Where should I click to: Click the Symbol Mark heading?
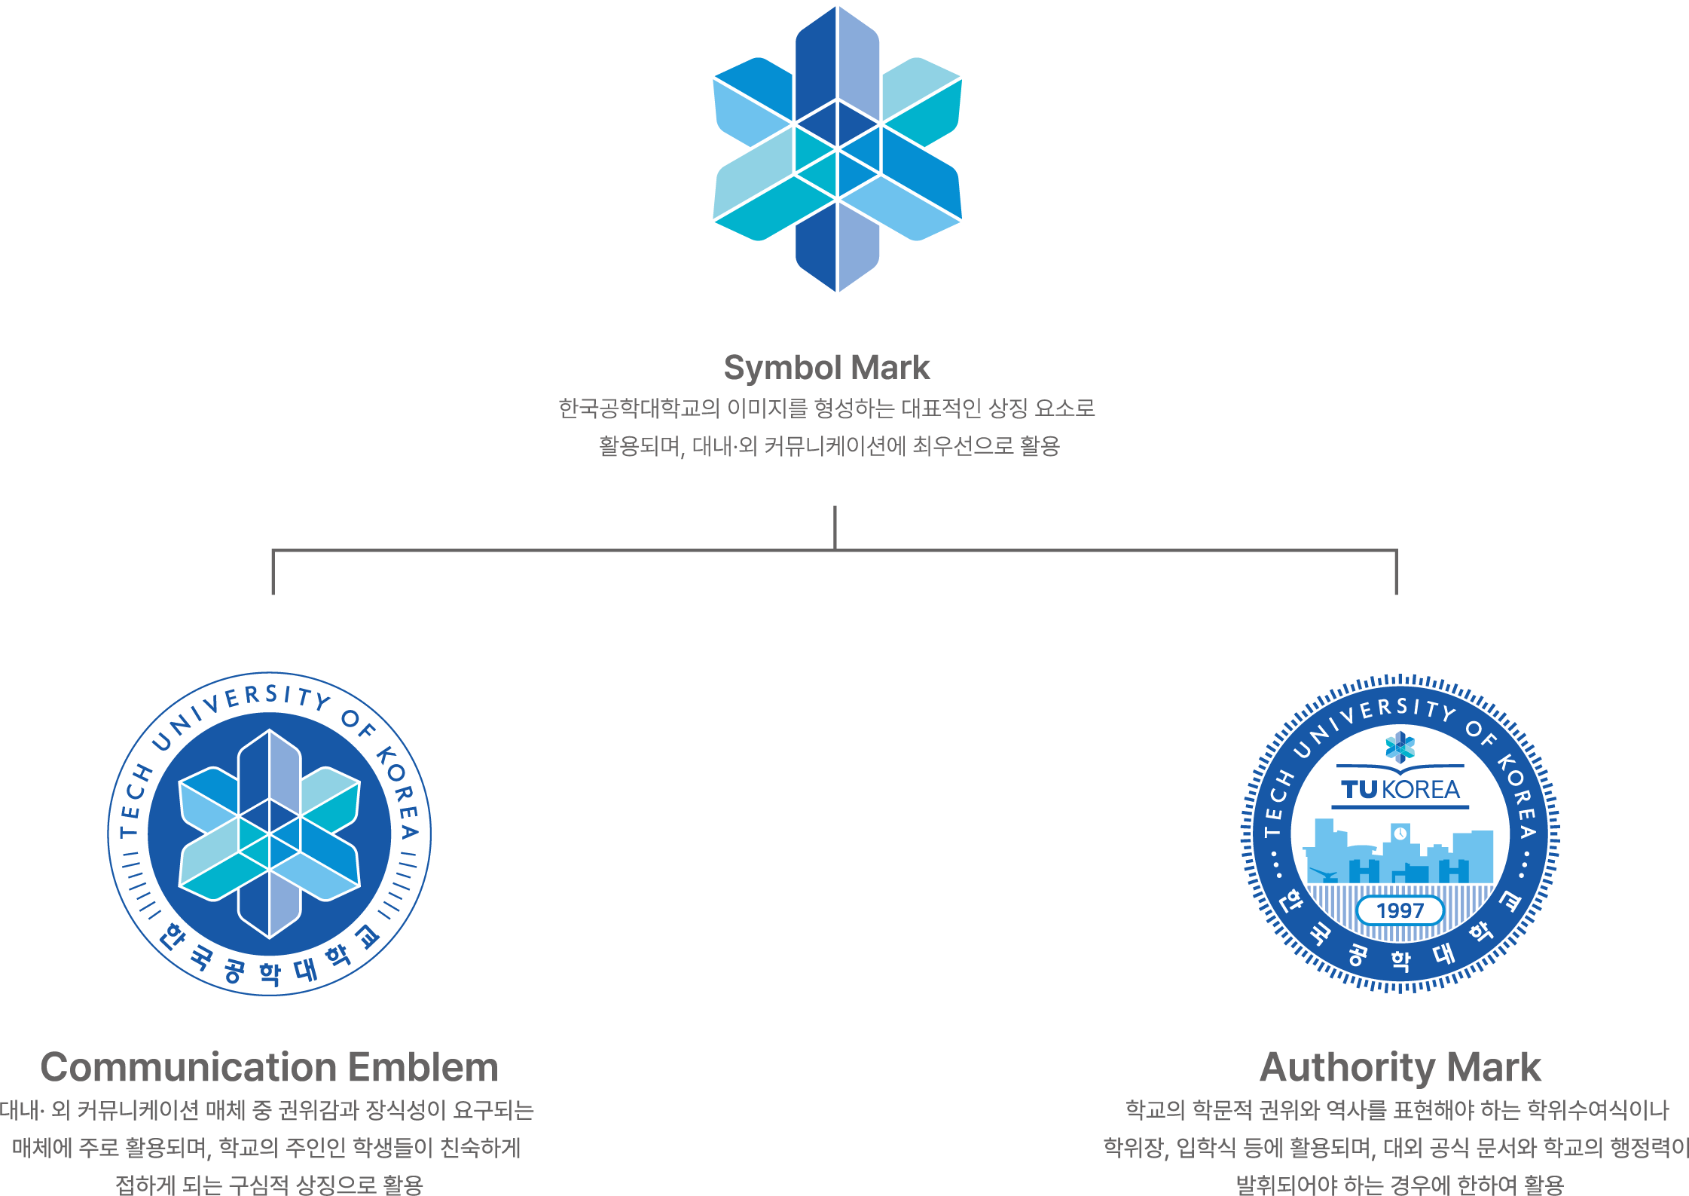(826, 368)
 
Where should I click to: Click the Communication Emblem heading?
(269, 1067)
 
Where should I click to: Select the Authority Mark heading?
(1400, 1067)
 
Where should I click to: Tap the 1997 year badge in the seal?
(1400, 910)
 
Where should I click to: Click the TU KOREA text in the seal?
(1400, 790)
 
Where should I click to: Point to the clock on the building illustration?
(1400, 834)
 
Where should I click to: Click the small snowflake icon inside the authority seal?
(1400, 747)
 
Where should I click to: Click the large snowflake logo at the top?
(837, 148)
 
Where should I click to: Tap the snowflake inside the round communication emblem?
(269, 834)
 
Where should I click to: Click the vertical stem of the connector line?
(835, 528)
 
